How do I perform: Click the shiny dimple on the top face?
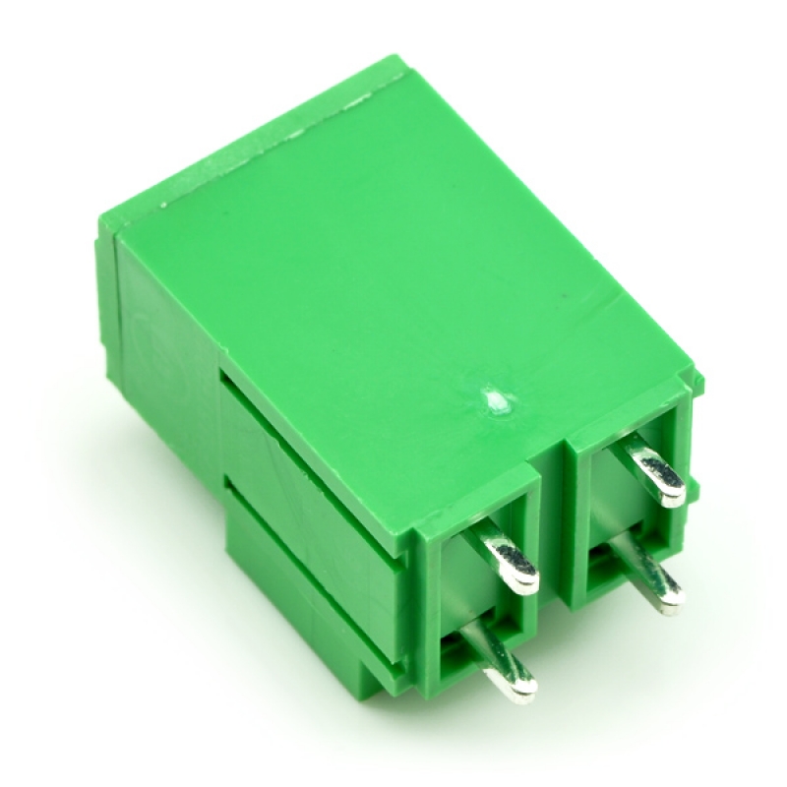tap(492, 400)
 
